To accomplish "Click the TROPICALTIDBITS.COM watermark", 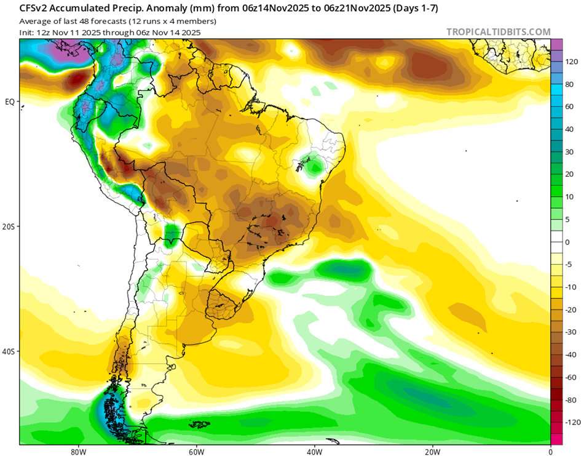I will (499, 32).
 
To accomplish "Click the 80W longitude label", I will (77, 450).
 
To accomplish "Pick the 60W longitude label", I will (196, 450).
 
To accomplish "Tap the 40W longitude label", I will (314, 450).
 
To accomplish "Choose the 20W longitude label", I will (432, 450).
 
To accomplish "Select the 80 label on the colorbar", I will (571, 84).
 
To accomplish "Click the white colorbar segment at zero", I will (556, 242).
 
